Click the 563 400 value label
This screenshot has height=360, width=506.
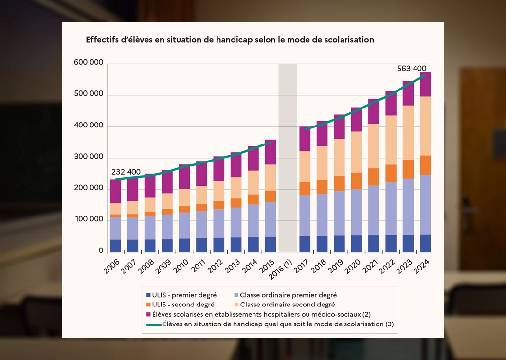(x=415, y=69)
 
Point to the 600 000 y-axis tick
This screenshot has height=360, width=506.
(x=89, y=63)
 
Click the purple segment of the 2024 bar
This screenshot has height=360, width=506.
(x=425, y=85)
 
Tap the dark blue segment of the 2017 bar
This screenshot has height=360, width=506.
(x=305, y=244)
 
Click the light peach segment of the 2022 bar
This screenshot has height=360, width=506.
(x=391, y=140)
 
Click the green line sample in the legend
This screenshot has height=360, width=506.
(x=153, y=324)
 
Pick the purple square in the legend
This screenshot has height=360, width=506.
(x=148, y=314)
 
